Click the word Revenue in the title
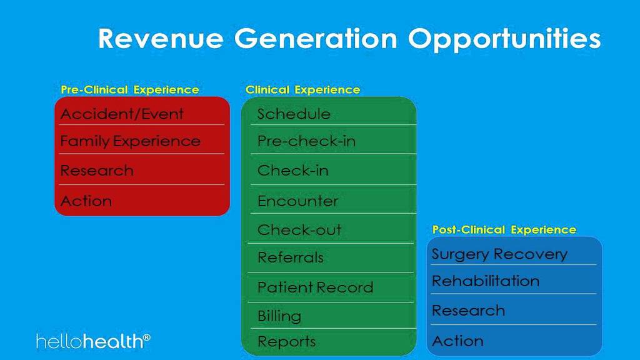pyautogui.click(x=161, y=38)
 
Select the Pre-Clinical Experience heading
pyautogui.click(x=130, y=89)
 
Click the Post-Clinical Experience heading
pyautogui.click(x=504, y=229)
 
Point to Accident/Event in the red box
pyautogui.click(x=122, y=114)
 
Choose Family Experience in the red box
pyautogui.click(x=130, y=141)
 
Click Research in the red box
pyautogui.click(x=97, y=170)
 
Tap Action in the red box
pyautogui.click(x=86, y=201)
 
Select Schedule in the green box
pyautogui.click(x=294, y=114)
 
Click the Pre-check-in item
pyautogui.click(x=306, y=141)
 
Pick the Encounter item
pyautogui.click(x=298, y=201)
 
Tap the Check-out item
pyautogui.click(x=299, y=229)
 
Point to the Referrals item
pyautogui.click(x=291, y=257)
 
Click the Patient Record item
pyautogui.click(x=316, y=287)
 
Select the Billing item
pyautogui.click(x=279, y=316)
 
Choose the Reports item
pyautogui.click(x=286, y=342)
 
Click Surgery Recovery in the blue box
pyautogui.click(x=499, y=254)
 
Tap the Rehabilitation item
pyautogui.click(x=486, y=281)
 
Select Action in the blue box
pyautogui.click(x=457, y=341)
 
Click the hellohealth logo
pyautogui.click(x=94, y=341)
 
